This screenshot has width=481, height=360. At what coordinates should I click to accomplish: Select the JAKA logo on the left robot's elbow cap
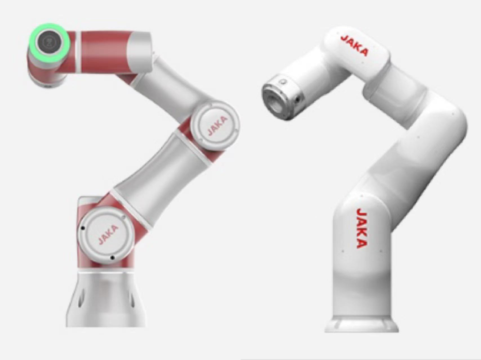coord(217,125)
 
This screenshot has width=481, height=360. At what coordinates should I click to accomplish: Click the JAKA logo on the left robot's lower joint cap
coord(108,234)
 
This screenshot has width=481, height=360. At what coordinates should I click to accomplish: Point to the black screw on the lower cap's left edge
coord(82,228)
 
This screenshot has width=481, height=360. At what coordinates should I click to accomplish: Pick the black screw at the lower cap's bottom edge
coord(112,258)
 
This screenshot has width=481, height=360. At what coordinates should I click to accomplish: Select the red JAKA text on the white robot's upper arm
coord(355,45)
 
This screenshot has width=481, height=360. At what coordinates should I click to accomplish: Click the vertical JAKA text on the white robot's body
coord(361,228)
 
